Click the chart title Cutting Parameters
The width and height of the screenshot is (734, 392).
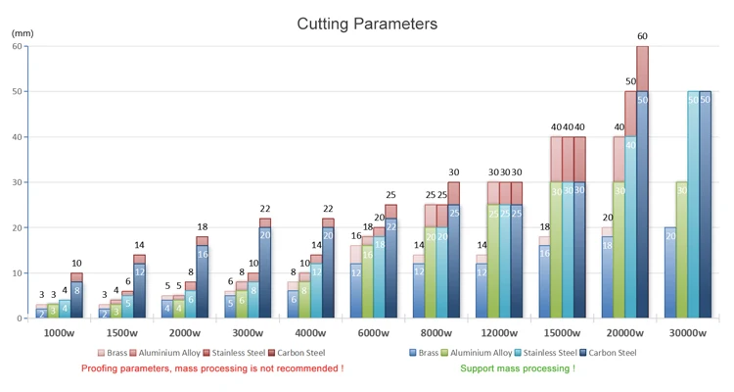pos(367,24)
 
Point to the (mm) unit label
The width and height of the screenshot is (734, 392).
pos(22,34)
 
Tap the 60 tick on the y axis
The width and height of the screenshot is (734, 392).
pos(18,45)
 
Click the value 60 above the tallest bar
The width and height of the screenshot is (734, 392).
pos(642,37)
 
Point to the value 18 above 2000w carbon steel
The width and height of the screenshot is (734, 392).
pos(202,227)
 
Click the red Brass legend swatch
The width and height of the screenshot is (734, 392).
pos(102,353)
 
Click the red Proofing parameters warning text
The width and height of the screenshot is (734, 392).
pos(212,368)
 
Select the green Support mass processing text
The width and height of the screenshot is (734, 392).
pos(518,368)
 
